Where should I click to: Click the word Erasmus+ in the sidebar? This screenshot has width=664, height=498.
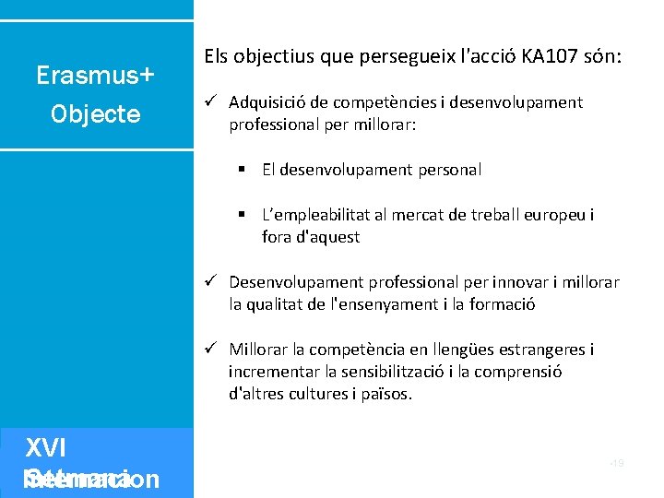95,75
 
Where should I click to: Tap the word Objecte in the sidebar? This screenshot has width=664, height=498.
96,114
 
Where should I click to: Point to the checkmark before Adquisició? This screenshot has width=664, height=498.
210,101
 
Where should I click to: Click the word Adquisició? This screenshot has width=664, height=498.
268,102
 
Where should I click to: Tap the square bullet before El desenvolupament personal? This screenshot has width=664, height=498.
239,170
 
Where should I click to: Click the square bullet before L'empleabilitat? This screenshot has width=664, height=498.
239,215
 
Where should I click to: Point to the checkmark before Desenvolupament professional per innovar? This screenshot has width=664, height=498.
210,281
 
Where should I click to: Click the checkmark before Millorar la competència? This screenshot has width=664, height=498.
210,349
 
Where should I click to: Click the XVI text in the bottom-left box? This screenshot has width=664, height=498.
45,448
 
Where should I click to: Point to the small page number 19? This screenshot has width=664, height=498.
617,463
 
